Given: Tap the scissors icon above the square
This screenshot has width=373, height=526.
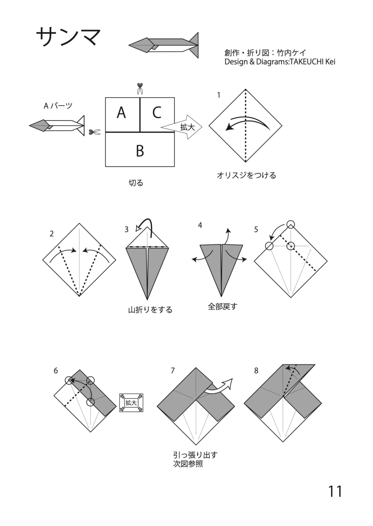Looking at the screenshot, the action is coord(140,88).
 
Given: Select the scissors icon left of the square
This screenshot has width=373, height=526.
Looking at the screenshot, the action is coord(95,132).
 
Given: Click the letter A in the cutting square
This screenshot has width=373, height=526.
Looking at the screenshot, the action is coord(121,112).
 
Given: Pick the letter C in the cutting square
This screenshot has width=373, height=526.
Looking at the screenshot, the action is coord(157,112).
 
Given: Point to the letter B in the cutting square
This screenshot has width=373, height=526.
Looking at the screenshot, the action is coord(140,150).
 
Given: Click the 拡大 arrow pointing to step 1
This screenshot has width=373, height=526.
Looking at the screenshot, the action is coord(181,127).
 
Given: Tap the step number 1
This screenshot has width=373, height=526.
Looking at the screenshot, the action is coord(219,95).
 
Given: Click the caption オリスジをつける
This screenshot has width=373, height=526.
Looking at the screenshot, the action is coord(246,175).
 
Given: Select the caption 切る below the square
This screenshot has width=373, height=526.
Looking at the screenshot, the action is coord(136,183).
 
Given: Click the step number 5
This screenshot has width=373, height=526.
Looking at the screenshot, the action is coord(256,229).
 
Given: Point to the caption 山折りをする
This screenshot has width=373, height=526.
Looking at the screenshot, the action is coord(150,310).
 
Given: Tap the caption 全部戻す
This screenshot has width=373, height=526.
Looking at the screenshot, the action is coord(222,306).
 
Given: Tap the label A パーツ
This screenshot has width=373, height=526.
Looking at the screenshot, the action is coord(58,106).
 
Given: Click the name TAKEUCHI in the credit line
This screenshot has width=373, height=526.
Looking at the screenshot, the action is coord(306,62).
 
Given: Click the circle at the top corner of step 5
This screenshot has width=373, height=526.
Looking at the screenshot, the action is coord(291,224).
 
